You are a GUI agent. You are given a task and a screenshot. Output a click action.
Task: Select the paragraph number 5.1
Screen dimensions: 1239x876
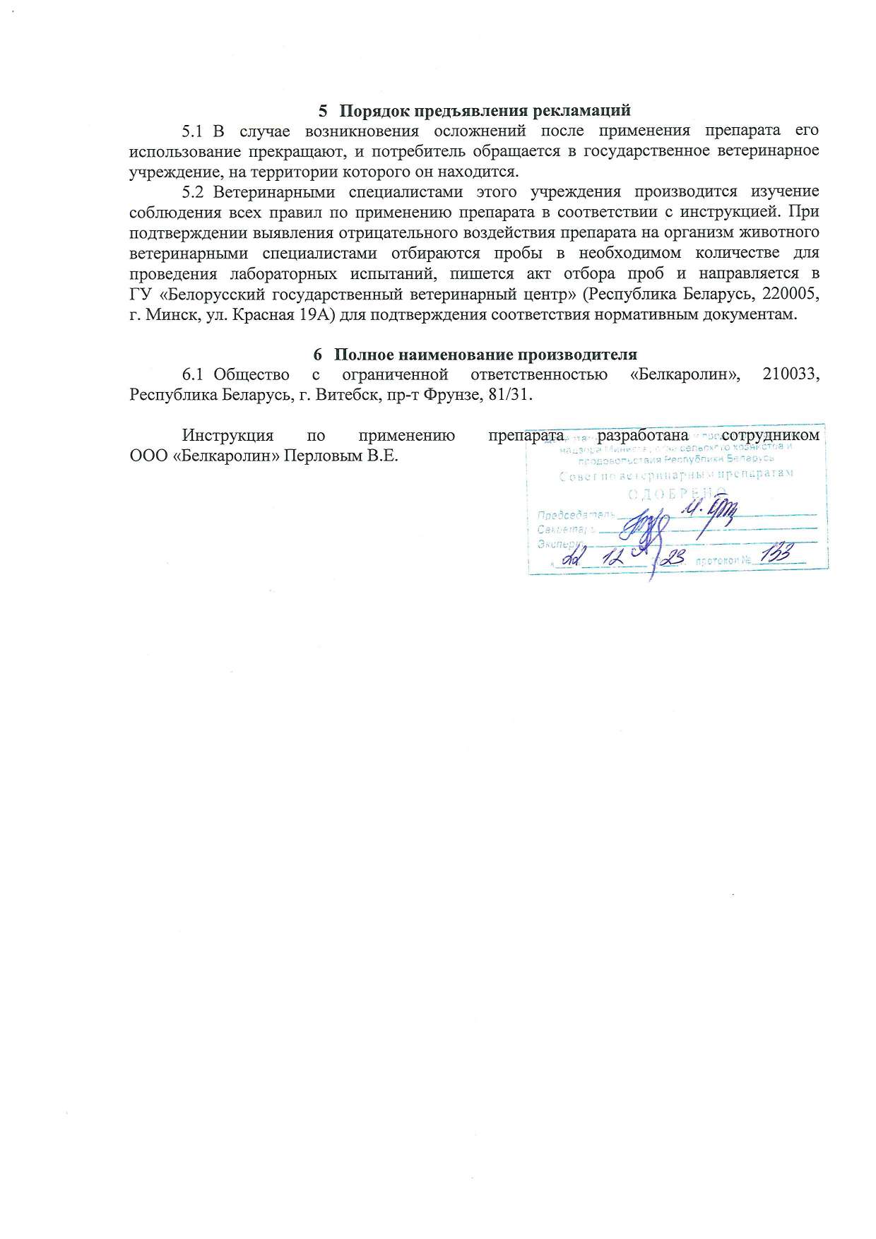(192, 131)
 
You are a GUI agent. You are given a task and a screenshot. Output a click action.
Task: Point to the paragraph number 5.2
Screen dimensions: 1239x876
(192, 192)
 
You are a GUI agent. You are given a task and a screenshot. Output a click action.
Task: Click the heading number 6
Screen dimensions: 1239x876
(319, 355)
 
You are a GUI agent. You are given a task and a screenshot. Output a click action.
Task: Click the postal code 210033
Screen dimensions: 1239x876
(791, 374)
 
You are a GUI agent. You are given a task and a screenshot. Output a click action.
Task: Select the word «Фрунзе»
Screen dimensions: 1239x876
(448, 395)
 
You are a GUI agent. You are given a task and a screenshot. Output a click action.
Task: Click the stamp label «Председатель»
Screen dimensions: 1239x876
(572, 514)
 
